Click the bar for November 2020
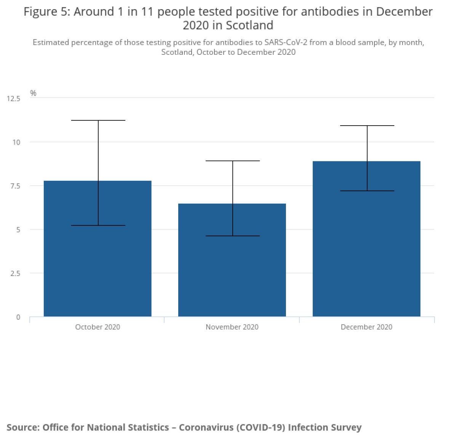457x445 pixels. [x=232, y=274]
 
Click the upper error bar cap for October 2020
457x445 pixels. [x=98, y=120]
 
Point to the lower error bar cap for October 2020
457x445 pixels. [x=98, y=225]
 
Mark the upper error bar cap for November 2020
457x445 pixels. [x=233, y=161]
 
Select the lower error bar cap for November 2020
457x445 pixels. [x=233, y=236]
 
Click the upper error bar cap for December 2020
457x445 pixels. [x=367, y=126]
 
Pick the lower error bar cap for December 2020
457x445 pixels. [x=367, y=191]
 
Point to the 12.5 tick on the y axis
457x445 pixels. [x=13, y=99]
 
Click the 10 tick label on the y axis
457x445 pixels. [x=16, y=142]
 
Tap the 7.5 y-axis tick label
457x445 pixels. [x=15, y=186]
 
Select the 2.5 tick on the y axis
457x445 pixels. [x=15, y=273]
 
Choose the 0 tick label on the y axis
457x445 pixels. [x=18, y=317]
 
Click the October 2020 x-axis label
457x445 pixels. [x=97, y=327]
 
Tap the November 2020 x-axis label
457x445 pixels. [x=232, y=327]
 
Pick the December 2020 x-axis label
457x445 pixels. [x=366, y=327]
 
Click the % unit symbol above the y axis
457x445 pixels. [x=33, y=93]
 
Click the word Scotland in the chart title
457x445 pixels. [x=249, y=26]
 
